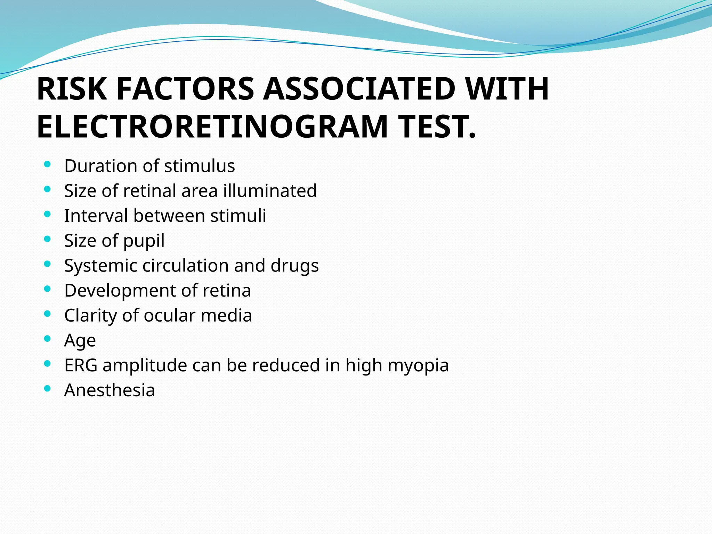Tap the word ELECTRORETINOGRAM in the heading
[x=212, y=127]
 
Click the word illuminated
[x=270, y=191]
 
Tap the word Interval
[x=96, y=216]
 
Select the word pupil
[x=144, y=241]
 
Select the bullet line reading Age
[x=80, y=341]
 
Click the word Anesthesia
[x=110, y=390]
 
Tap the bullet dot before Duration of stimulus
[x=48, y=164]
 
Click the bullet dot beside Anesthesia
[x=48, y=388]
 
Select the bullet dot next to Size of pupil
[x=48, y=239]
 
